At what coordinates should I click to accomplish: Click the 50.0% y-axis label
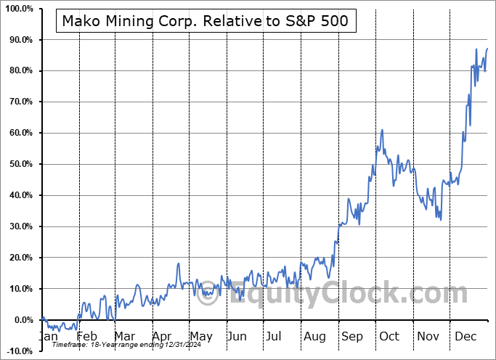point(18,164)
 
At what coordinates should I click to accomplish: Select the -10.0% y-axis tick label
point(17,351)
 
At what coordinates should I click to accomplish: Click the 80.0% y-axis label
point(18,70)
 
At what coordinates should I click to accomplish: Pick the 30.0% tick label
point(18,226)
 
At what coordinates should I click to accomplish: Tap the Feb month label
point(86,336)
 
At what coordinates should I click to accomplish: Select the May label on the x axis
point(200,336)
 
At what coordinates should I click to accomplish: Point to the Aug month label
point(315,336)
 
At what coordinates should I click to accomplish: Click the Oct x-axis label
point(389,336)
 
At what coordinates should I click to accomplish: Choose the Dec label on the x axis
point(465,336)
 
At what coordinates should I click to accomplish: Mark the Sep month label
point(352,336)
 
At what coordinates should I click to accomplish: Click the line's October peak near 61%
point(382,130)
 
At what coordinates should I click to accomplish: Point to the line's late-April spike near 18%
point(178,263)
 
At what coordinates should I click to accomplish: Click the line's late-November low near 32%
point(441,220)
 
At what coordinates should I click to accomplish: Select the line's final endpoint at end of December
point(487,49)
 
